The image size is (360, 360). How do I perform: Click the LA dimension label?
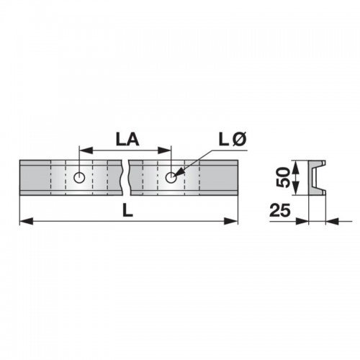coord(127,140)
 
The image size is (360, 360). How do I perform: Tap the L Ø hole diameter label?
coord(233,140)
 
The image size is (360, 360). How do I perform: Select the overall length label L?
coord(127,211)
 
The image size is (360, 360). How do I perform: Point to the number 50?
coord(283,178)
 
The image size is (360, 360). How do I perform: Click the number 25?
coord(280,210)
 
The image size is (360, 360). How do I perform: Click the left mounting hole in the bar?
coord(79,178)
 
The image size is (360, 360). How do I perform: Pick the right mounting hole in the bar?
coord(171,178)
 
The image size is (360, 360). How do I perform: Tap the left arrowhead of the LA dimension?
coord(86,150)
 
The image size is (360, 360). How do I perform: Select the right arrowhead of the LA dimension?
coord(164,150)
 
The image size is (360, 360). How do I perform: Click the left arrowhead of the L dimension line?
coord(27,221)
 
